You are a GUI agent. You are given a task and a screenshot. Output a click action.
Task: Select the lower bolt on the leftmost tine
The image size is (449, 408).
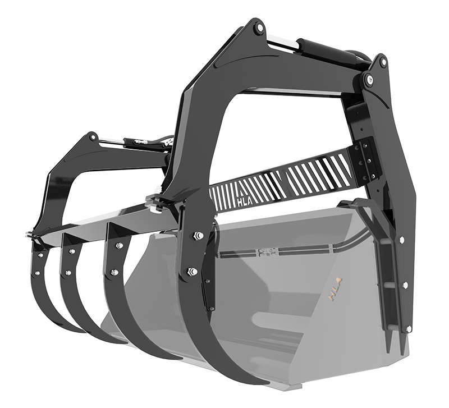(37, 273)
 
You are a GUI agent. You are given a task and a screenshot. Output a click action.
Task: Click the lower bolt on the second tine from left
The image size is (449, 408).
(68, 274)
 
